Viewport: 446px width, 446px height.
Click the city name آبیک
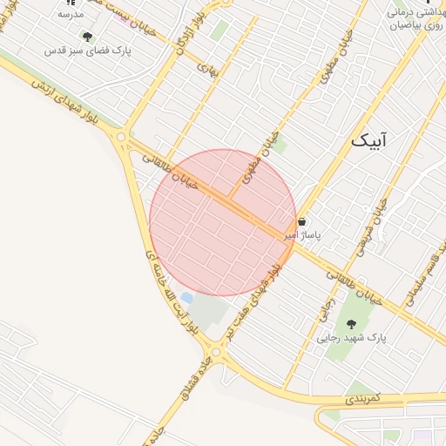(370, 140)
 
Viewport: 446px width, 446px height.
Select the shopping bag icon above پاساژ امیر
(301, 221)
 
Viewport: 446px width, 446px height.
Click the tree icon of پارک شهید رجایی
(351, 323)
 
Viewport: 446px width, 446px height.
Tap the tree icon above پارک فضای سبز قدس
(87, 37)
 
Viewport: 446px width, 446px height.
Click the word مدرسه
(70, 15)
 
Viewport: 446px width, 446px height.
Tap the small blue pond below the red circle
(186, 298)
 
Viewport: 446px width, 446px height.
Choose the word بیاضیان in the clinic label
(409, 26)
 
